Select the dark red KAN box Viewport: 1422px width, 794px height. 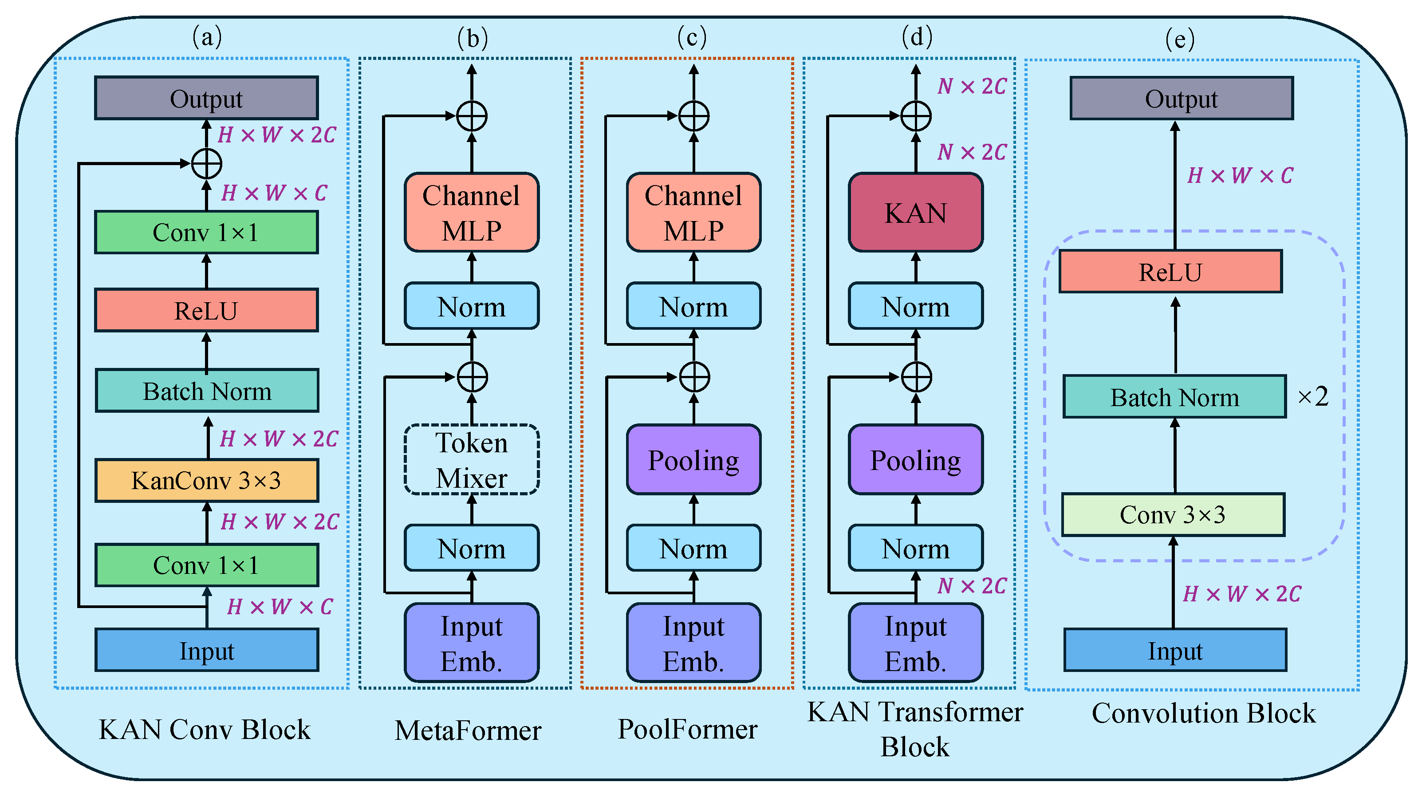click(x=916, y=213)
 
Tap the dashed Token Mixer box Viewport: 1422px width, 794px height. click(x=472, y=459)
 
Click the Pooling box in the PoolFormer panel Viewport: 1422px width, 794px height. click(x=694, y=459)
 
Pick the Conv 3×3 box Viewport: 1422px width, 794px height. click(x=1173, y=514)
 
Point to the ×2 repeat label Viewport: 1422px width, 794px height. click(x=1313, y=396)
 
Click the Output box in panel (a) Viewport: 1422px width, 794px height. click(x=206, y=98)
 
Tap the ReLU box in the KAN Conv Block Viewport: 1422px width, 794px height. click(x=206, y=310)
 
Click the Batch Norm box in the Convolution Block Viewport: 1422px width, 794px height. click(x=1175, y=396)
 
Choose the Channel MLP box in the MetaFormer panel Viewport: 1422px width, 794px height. click(x=472, y=213)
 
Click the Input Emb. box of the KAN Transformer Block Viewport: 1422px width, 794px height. click(x=916, y=643)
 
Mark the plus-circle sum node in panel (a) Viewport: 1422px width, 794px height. click(x=206, y=164)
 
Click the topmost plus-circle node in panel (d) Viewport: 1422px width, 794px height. click(x=916, y=116)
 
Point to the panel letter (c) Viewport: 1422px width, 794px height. click(x=692, y=38)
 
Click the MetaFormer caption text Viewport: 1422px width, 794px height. click(x=468, y=730)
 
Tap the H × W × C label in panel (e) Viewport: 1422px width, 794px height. click(x=1240, y=176)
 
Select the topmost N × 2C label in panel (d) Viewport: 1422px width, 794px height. click(x=972, y=86)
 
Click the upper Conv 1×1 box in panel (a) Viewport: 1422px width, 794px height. click(x=206, y=232)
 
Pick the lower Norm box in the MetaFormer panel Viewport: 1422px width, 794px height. click(x=472, y=548)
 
